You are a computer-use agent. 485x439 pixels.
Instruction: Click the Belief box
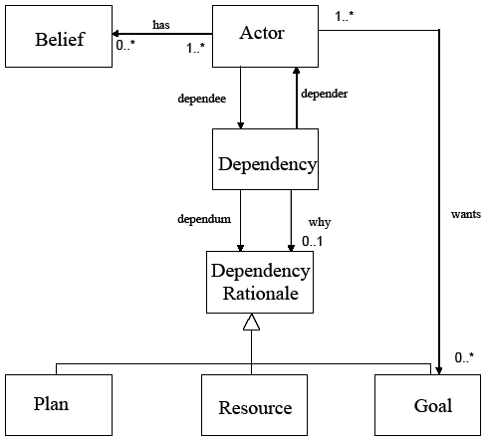(59, 36)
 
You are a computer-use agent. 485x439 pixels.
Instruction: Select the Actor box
(265, 36)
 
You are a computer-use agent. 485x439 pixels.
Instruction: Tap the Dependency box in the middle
(265, 159)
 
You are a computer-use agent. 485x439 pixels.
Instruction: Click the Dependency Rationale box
(260, 282)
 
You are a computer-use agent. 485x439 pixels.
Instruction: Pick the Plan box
(59, 405)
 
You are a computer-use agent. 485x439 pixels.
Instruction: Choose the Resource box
(254, 405)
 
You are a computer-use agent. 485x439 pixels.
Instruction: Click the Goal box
(427, 405)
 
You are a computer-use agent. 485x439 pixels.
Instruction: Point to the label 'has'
(161, 25)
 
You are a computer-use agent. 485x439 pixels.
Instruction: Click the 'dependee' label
(202, 99)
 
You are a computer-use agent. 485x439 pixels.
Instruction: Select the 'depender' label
(325, 94)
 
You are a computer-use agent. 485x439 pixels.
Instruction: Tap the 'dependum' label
(204, 219)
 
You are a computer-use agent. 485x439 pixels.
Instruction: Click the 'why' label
(320, 222)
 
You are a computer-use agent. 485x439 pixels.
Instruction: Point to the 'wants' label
(466, 214)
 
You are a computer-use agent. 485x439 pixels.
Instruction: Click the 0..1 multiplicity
(312, 241)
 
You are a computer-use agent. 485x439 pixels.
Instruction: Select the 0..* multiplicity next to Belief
(125, 45)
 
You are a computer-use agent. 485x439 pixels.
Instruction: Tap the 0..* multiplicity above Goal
(464, 357)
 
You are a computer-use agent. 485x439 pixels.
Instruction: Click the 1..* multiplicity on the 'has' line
(195, 48)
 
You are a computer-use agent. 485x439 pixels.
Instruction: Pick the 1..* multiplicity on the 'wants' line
(345, 16)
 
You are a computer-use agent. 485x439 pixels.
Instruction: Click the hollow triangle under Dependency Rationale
(251, 322)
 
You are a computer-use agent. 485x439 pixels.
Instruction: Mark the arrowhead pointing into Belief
(116, 34)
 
